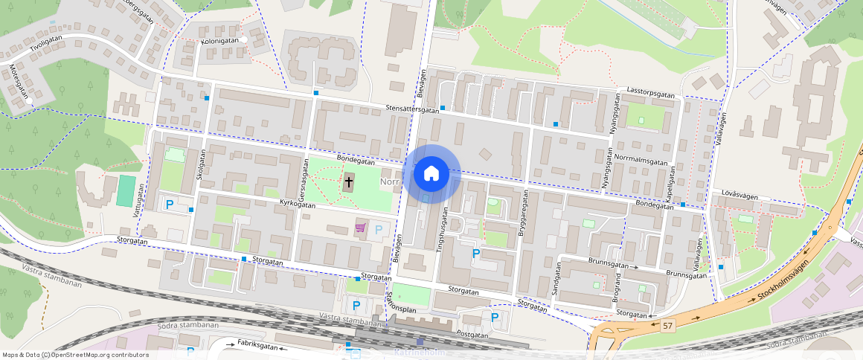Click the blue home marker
pos(431,174)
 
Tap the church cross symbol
pos(348,181)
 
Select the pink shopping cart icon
pos(360,228)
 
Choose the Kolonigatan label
pos(219,40)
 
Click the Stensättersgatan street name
pos(412,109)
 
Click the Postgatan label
pos(472,335)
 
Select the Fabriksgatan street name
pos(257,346)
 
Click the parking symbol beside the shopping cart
pos(379,230)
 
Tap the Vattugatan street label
pos(137,200)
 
